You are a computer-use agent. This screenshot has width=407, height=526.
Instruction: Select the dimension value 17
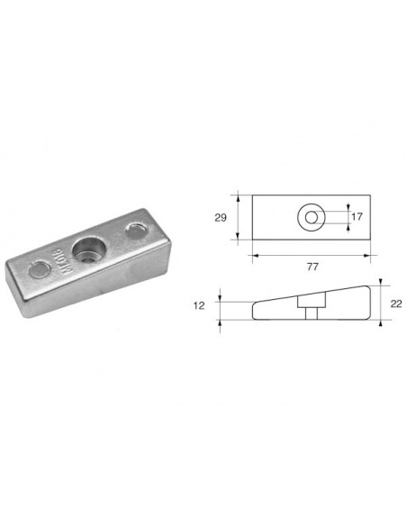[357, 217]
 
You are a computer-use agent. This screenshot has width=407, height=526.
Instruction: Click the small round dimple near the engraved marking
[40, 268]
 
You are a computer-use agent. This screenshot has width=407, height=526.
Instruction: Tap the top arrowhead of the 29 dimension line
[239, 197]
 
